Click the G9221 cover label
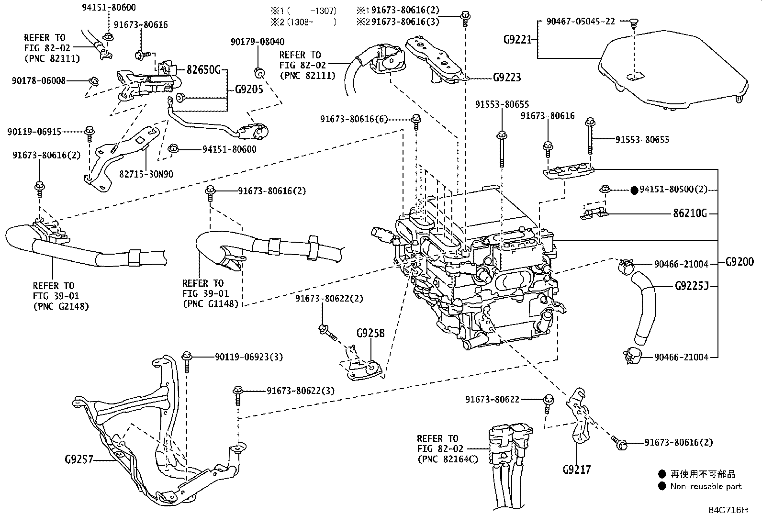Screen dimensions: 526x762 (x=517, y=40)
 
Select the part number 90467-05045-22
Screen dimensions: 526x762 (x=580, y=21)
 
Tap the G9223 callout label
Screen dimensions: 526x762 (x=507, y=77)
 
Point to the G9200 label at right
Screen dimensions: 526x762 (x=740, y=262)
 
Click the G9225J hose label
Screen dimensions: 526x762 (x=691, y=287)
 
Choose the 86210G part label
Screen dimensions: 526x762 (x=690, y=213)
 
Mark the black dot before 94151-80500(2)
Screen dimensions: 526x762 (x=634, y=190)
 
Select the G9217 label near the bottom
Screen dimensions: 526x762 (x=576, y=470)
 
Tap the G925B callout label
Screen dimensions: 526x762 (x=370, y=333)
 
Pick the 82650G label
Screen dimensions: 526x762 (x=203, y=71)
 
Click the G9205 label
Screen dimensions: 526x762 (x=249, y=89)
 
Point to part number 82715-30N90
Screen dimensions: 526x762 (x=146, y=174)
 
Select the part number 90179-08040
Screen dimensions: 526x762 (x=257, y=42)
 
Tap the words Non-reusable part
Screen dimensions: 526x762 (x=706, y=487)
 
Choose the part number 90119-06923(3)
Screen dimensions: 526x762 (x=249, y=357)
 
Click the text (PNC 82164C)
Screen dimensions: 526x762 (x=448, y=459)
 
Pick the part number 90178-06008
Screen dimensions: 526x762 (x=39, y=81)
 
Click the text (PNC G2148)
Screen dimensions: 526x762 (x=61, y=306)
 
